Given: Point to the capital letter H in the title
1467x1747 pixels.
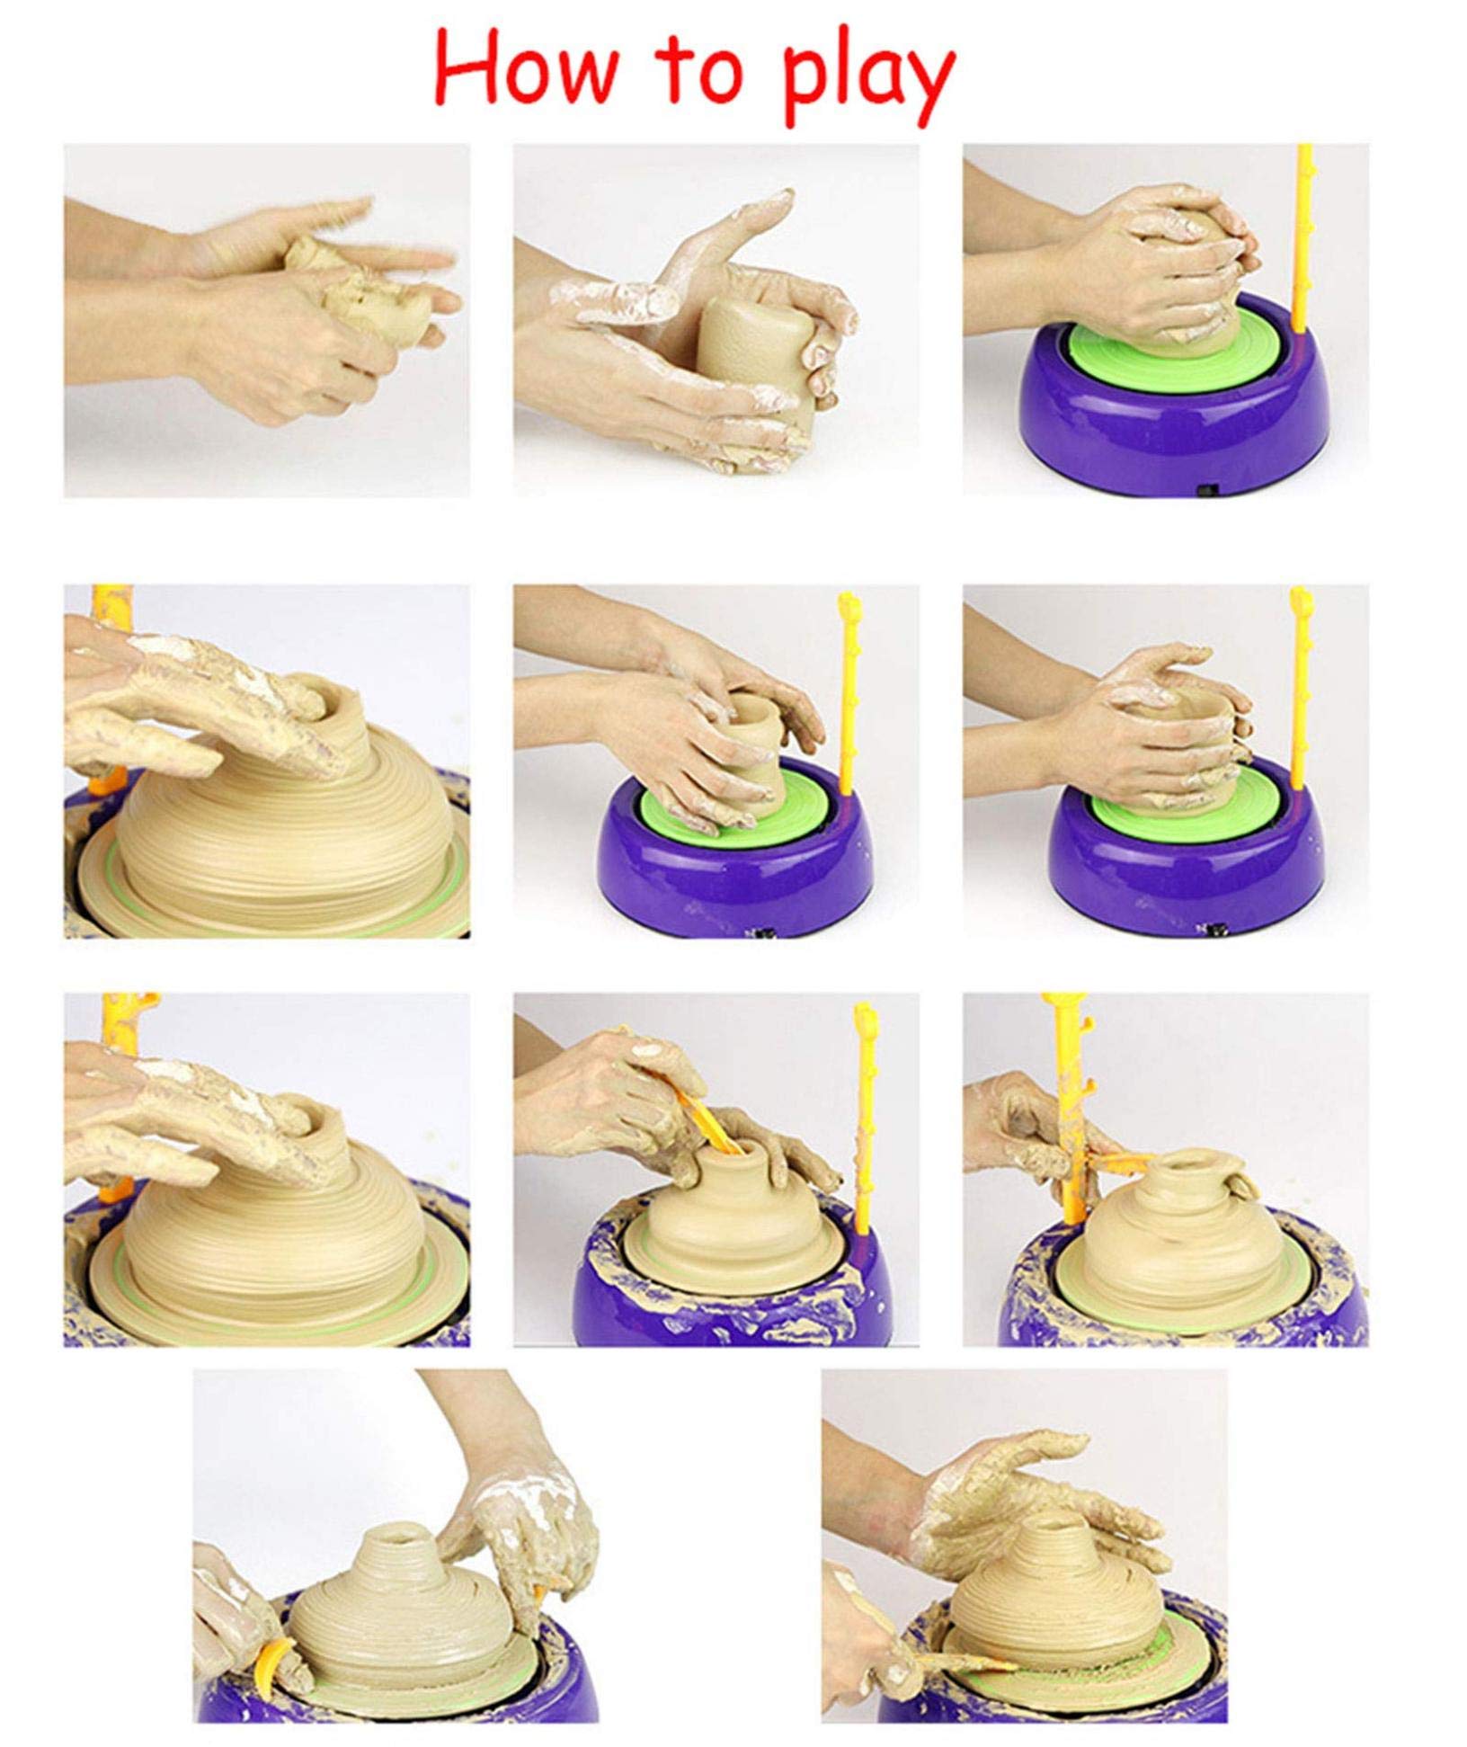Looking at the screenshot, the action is pos(468,70).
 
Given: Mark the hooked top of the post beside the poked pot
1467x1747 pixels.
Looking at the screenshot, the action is pos(867,1020).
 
